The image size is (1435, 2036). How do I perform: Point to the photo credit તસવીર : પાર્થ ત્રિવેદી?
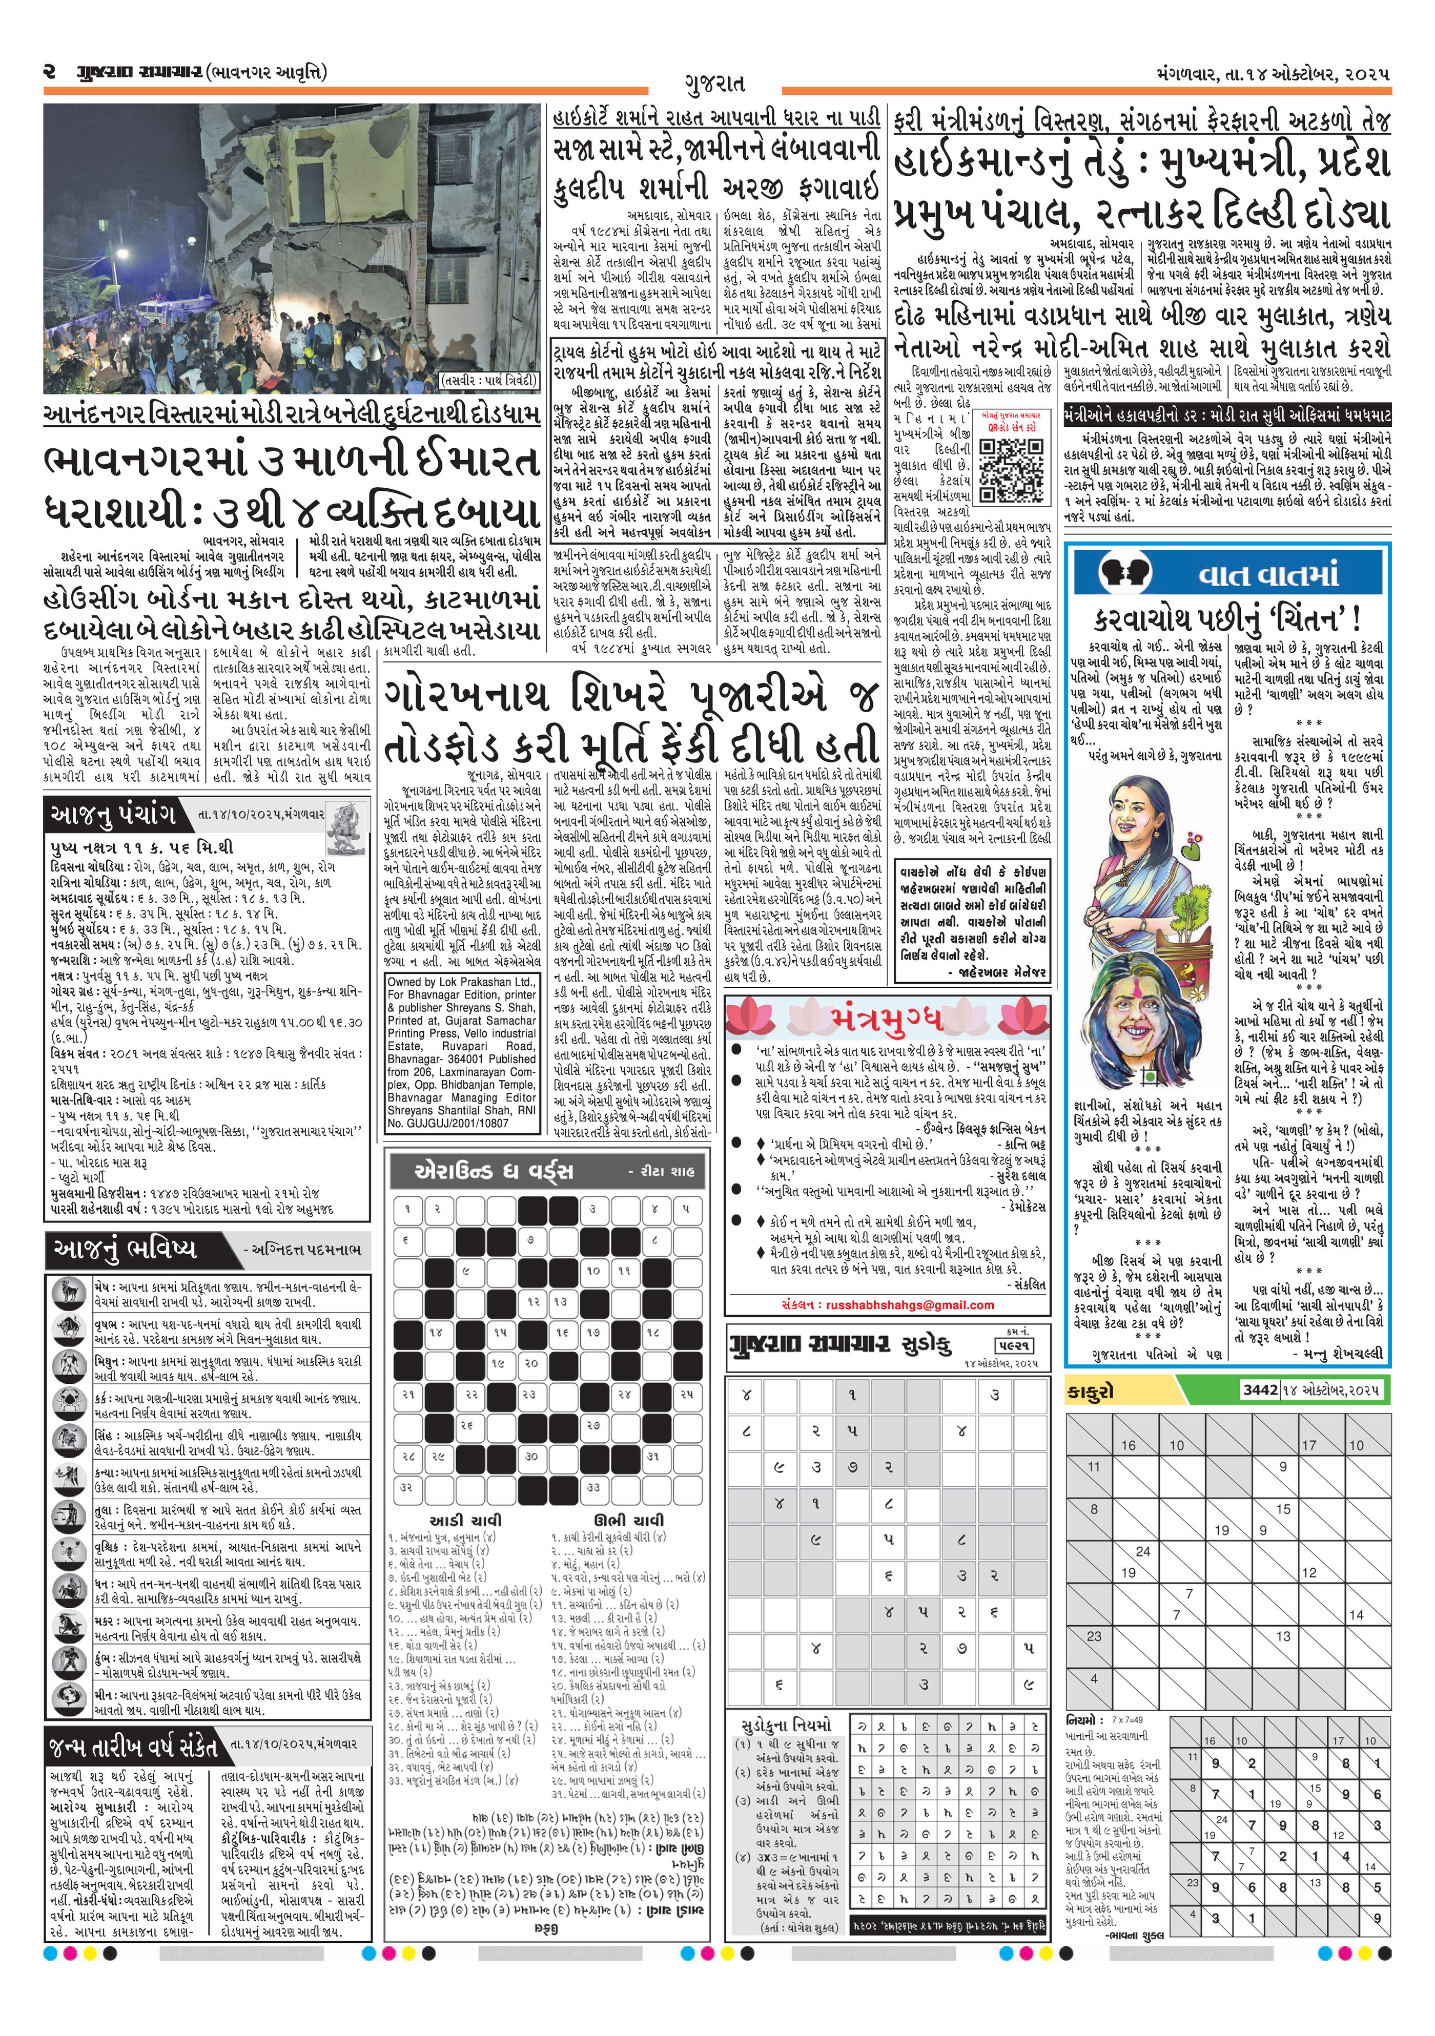(x=489, y=381)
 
